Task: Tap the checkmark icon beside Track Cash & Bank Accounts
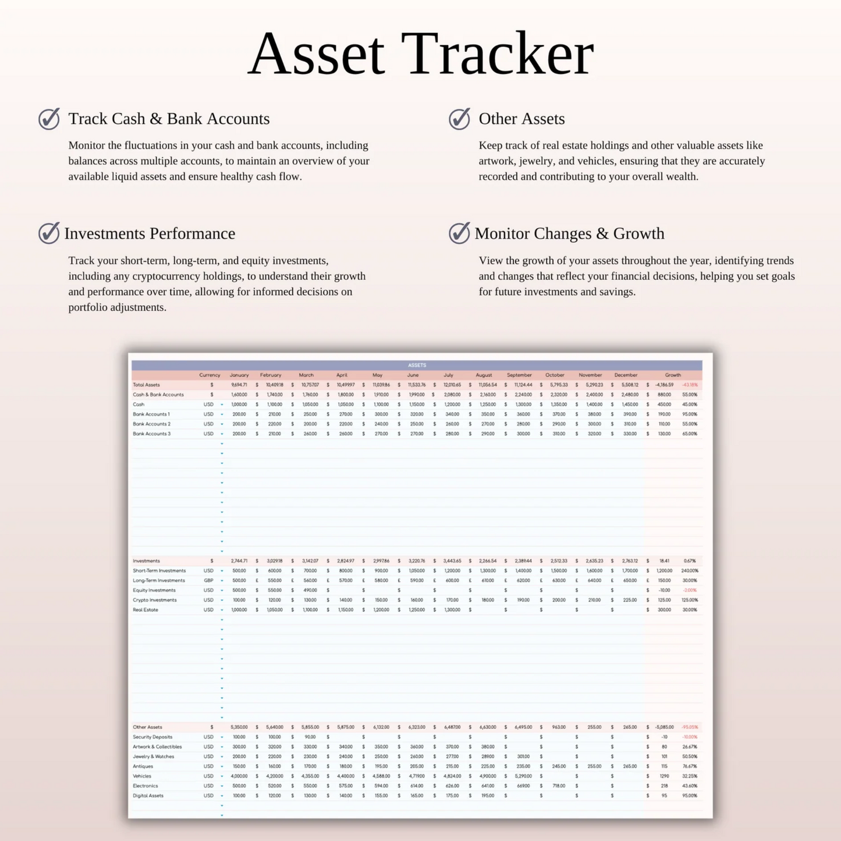tap(49, 119)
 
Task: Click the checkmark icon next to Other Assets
tap(460, 119)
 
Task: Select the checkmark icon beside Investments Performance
tap(49, 233)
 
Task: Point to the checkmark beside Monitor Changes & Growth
tap(460, 233)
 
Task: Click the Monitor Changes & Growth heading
tap(569, 233)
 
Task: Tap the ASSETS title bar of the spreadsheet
tap(417, 366)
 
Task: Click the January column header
tap(239, 375)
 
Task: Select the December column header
tap(626, 375)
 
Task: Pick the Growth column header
tap(673, 375)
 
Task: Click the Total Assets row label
tap(146, 385)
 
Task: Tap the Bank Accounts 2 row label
tap(151, 424)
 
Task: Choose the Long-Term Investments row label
tap(158, 580)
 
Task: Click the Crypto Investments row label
tap(154, 600)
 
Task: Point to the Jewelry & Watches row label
tap(153, 757)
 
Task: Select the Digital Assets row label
tap(148, 796)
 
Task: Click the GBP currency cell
tap(208, 580)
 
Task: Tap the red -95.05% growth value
tap(690, 728)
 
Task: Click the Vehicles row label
tap(142, 776)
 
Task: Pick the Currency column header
tap(210, 375)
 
